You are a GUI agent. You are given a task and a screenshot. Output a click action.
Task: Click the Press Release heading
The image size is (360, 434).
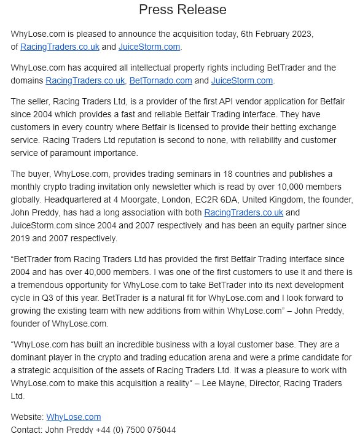click(182, 9)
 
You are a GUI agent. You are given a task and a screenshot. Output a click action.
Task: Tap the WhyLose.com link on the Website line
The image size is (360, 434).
click(74, 417)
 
